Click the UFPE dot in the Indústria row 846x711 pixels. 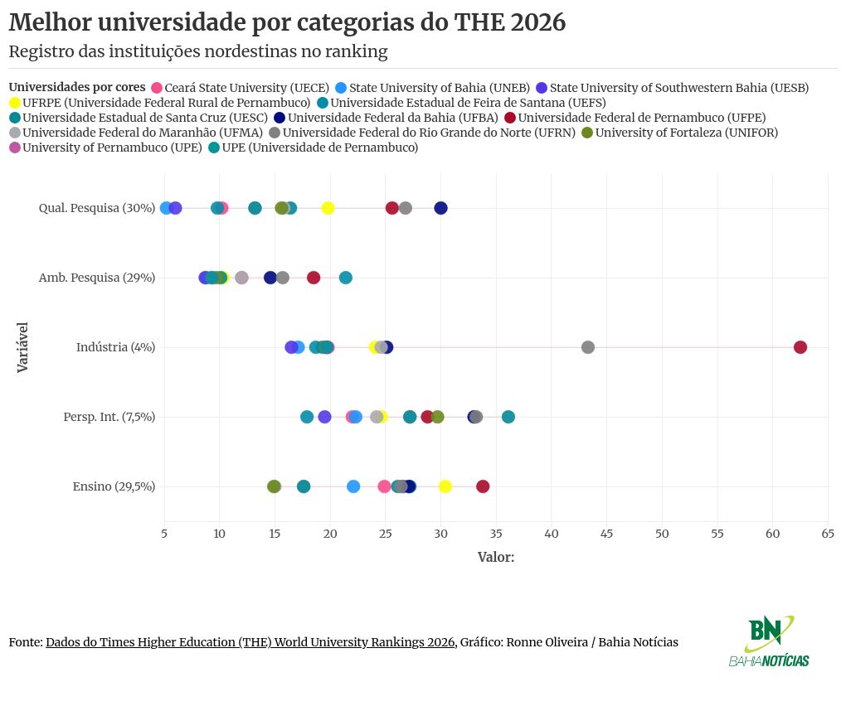(800, 347)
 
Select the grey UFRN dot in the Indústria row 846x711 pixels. (588, 347)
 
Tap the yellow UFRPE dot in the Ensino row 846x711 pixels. (445, 486)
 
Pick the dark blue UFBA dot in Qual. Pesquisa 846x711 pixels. (440, 208)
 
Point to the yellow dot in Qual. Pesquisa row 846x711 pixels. (328, 208)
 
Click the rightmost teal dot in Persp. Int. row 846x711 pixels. (508, 417)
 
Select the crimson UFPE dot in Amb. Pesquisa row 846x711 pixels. (314, 278)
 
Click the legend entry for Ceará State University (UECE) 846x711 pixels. (246, 88)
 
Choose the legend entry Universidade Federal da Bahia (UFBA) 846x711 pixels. (386, 118)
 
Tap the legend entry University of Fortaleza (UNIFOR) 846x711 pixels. (685, 133)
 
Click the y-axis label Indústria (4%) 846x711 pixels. (115, 347)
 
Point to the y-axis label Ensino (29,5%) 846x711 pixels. (114, 486)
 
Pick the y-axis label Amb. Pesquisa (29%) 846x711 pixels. (97, 278)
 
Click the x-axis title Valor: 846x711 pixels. (496, 557)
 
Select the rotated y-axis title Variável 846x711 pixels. (23, 347)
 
